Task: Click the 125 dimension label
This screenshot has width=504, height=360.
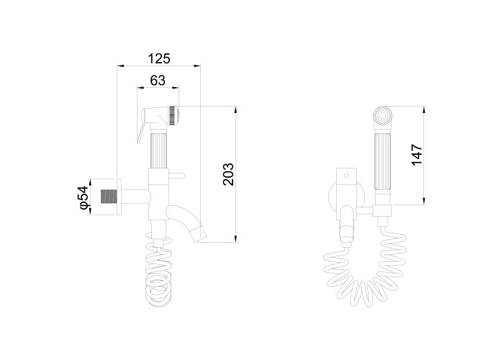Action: click(x=159, y=58)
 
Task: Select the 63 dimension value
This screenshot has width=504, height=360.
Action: click(x=158, y=80)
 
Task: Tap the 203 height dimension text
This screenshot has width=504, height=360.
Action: click(x=228, y=174)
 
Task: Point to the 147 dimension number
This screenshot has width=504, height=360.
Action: click(x=417, y=155)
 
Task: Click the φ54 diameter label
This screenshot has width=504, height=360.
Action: click(x=84, y=197)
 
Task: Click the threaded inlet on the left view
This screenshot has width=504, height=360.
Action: click(x=108, y=197)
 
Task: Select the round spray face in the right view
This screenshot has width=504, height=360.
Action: click(x=383, y=115)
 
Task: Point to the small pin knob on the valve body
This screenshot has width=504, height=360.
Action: click(x=176, y=176)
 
